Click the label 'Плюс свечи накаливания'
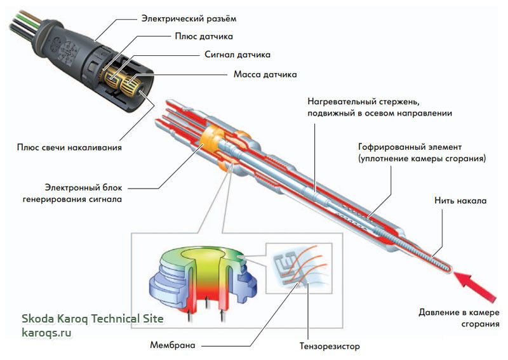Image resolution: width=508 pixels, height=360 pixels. (x=69, y=147)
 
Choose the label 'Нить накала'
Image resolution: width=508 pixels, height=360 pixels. (x=462, y=201)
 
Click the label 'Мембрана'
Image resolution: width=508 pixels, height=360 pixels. (x=172, y=346)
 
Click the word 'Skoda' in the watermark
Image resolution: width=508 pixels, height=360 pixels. (x=37, y=318)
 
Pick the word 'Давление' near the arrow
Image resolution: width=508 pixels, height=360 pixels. (x=441, y=312)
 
